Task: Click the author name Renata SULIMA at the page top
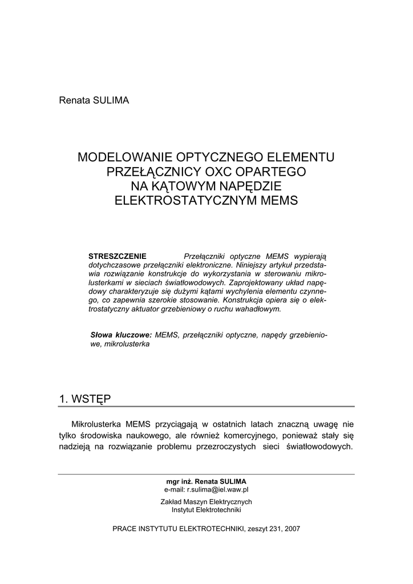pos(94,101)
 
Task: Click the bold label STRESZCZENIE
pos(118,255)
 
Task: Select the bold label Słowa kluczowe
pos(122,335)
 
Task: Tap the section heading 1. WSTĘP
pos(85,399)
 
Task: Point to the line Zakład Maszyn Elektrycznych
pos(206,502)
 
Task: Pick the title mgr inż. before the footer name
pos(179,481)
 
